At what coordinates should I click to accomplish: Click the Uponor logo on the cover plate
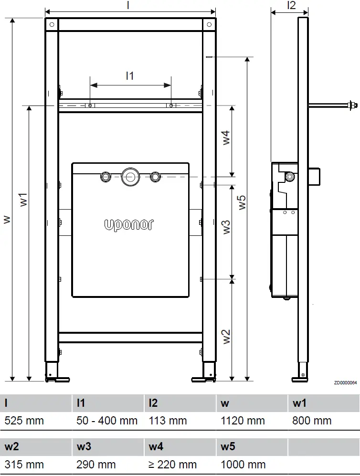coord(129,224)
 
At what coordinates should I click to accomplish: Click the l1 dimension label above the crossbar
coord(130,75)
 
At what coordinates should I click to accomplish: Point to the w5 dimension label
coord(242,202)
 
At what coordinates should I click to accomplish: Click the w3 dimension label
coord(226,227)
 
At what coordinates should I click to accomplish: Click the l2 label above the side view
coord(291,5)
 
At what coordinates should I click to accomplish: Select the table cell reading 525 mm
coord(24,421)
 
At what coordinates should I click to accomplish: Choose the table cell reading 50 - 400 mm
coord(107,421)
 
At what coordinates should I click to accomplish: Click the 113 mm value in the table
coord(169,421)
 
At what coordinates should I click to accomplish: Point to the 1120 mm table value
coord(243,421)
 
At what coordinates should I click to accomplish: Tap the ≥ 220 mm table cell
coord(172,464)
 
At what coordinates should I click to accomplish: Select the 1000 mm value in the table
coord(243,464)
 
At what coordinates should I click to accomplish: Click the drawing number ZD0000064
coord(345,383)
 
